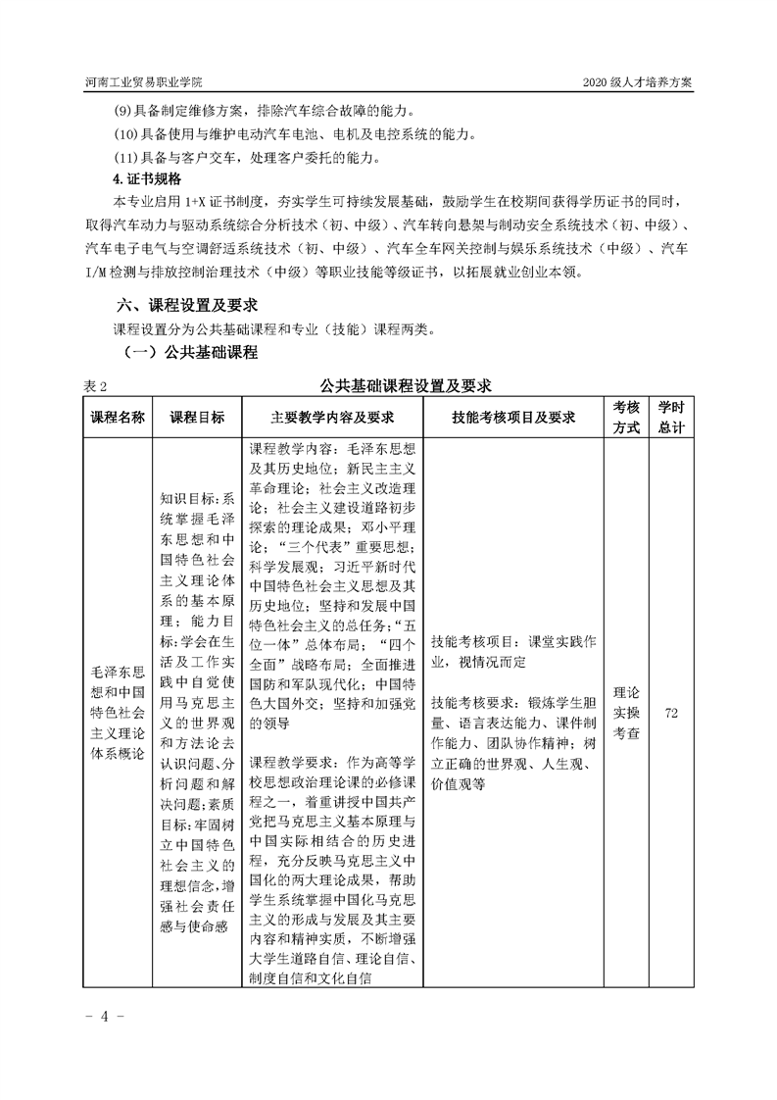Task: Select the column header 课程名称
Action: point(119,418)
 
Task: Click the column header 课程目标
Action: point(197,418)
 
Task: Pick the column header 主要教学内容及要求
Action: point(332,418)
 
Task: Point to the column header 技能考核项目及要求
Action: point(513,418)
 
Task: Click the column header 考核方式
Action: point(626,418)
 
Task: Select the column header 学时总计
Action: point(671,418)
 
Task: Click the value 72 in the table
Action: point(671,713)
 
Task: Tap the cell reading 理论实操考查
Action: point(626,713)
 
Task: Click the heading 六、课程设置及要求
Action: point(186,304)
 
